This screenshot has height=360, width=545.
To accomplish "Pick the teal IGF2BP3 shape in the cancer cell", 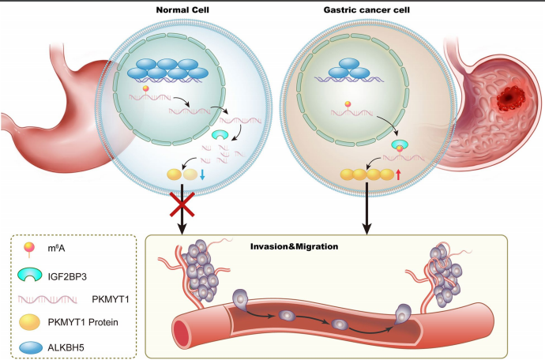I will pyautogui.click(x=400, y=143).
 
